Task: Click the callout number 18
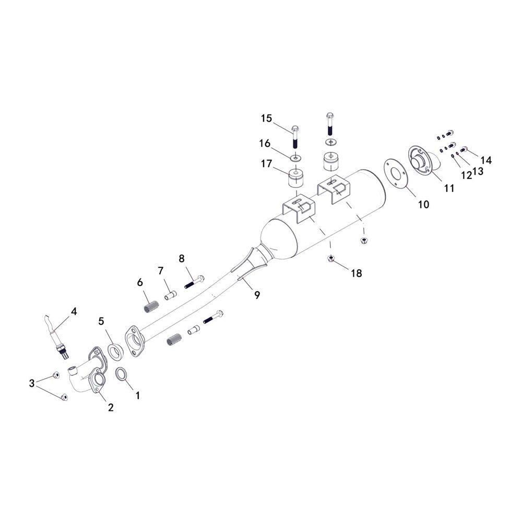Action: pos(356,274)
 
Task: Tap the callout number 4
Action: pos(74,312)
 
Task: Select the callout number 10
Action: pos(423,205)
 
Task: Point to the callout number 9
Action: pos(257,295)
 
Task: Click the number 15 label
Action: pos(266,118)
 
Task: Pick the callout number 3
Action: pos(32,383)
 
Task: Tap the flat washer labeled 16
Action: pos(295,157)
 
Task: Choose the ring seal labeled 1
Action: pos(121,374)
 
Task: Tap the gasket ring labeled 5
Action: pos(115,351)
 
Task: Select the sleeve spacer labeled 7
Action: pos(171,295)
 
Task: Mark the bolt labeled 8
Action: pos(194,282)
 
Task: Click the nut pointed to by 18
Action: pos(331,258)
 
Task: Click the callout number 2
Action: pos(111,407)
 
